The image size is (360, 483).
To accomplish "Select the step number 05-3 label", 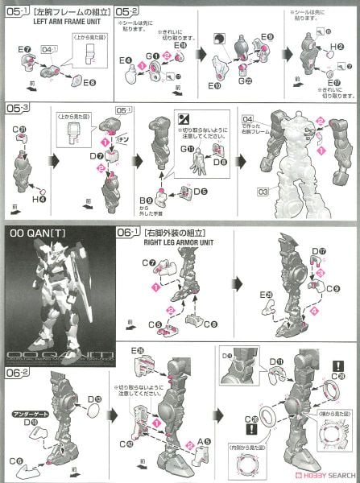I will [15, 106].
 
